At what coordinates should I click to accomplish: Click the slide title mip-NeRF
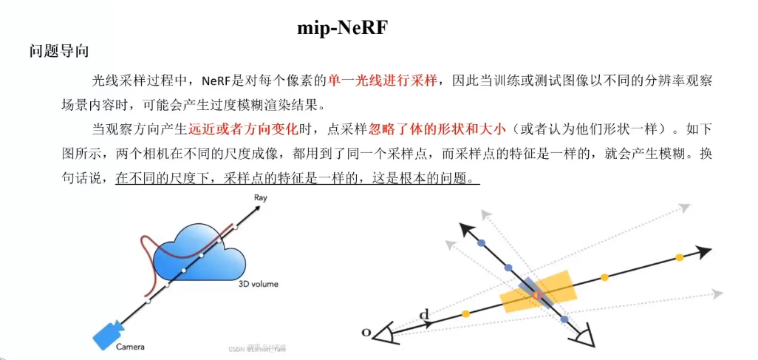(x=342, y=27)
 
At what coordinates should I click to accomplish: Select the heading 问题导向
(x=59, y=52)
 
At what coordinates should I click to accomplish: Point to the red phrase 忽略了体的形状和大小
(x=437, y=129)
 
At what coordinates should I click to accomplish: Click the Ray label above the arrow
(x=260, y=198)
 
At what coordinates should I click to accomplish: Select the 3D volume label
(x=256, y=283)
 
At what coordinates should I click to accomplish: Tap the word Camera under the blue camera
(x=130, y=346)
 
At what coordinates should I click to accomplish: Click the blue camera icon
(x=108, y=333)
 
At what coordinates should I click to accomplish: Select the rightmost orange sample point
(x=679, y=258)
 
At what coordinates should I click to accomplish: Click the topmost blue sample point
(x=482, y=242)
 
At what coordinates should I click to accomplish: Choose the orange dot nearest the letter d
(x=465, y=314)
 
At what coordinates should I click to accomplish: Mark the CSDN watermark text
(x=256, y=348)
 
